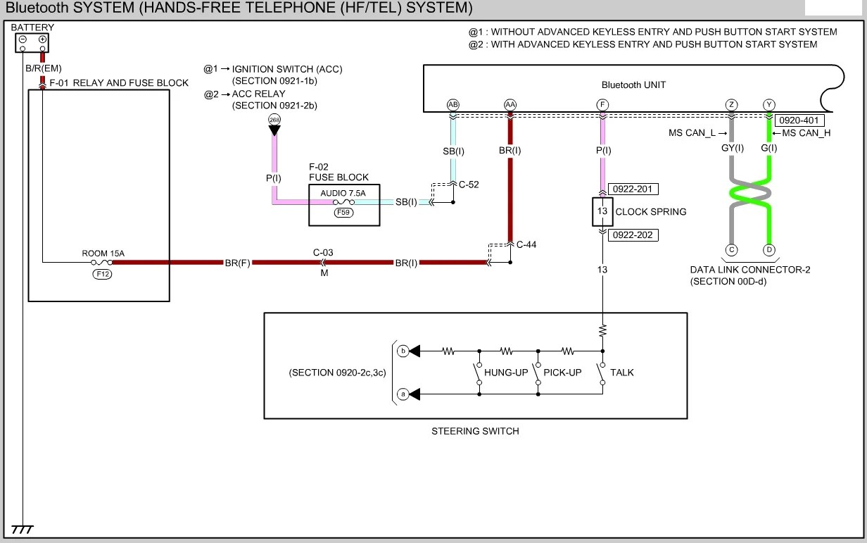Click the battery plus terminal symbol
42,39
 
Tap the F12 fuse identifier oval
102,274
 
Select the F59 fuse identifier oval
343,212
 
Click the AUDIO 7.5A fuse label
343,193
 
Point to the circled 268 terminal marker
274,120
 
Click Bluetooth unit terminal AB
453,104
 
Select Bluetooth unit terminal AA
510,104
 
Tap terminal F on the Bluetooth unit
602,104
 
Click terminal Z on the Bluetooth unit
731,104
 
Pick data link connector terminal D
769,250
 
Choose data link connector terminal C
731,250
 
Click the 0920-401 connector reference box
799,120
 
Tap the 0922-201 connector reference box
633,189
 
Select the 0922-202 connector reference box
633,235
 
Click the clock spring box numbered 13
602,211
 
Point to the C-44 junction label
526,244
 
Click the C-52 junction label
469,185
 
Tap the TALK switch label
622,373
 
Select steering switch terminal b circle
403,351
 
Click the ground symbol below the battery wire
22,530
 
